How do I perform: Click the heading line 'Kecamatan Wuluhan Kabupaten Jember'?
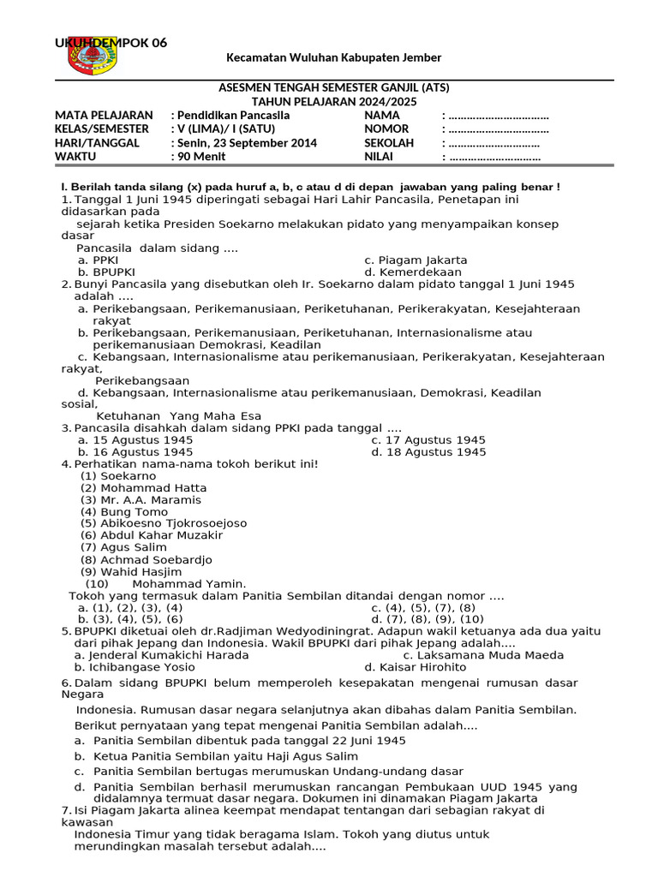pyautogui.click(x=333, y=57)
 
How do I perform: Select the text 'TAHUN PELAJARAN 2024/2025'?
pyautogui.click(x=333, y=101)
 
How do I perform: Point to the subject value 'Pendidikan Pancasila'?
pyautogui.click(x=233, y=115)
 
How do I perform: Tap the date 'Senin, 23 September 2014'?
pyautogui.click(x=247, y=143)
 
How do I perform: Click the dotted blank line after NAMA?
pyautogui.click(x=498, y=116)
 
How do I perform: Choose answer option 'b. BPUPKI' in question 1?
pyautogui.click(x=101, y=272)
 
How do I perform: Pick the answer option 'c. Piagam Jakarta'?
pyautogui.click(x=416, y=260)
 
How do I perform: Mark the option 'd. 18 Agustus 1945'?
pyautogui.click(x=428, y=451)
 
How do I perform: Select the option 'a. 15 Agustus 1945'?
pyautogui.click(x=135, y=439)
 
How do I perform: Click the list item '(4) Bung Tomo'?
pyautogui.click(x=124, y=511)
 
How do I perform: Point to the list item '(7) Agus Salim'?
pyautogui.click(x=123, y=547)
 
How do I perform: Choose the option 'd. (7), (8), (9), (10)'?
pyautogui.click(x=428, y=618)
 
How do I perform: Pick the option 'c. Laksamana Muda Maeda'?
pyautogui.click(x=471, y=654)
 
